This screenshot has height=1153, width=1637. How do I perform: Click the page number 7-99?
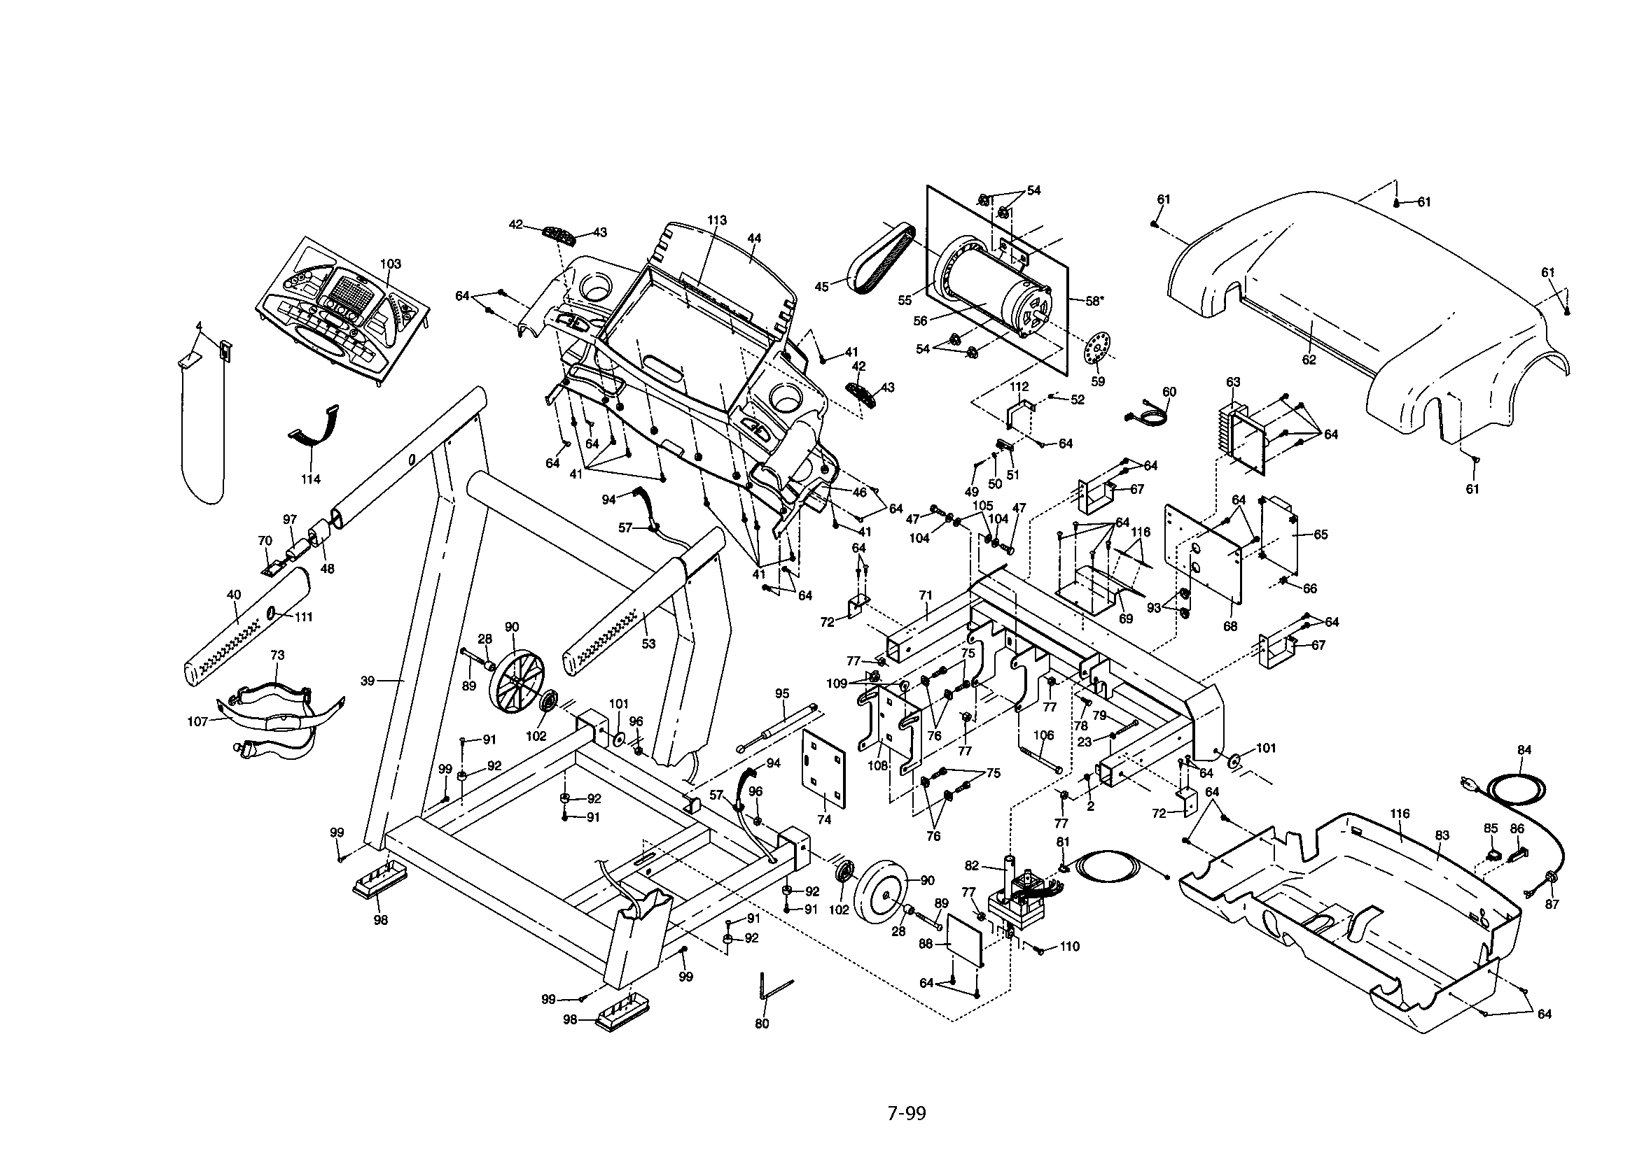906,1113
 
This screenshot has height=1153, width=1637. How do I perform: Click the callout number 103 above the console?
390,264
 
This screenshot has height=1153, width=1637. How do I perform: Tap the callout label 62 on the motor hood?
1309,360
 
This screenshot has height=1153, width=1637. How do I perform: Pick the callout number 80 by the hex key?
762,1024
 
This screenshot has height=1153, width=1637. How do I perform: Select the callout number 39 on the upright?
367,681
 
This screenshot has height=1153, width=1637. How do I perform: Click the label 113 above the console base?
716,220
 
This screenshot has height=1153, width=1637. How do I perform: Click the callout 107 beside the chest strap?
197,721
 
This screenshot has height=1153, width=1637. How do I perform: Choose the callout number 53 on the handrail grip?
648,644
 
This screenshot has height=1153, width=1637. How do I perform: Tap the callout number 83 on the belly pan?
1442,835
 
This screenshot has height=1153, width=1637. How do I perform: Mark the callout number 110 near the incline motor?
1069,947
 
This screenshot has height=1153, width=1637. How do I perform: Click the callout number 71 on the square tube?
926,593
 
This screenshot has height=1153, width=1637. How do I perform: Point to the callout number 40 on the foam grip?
234,595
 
